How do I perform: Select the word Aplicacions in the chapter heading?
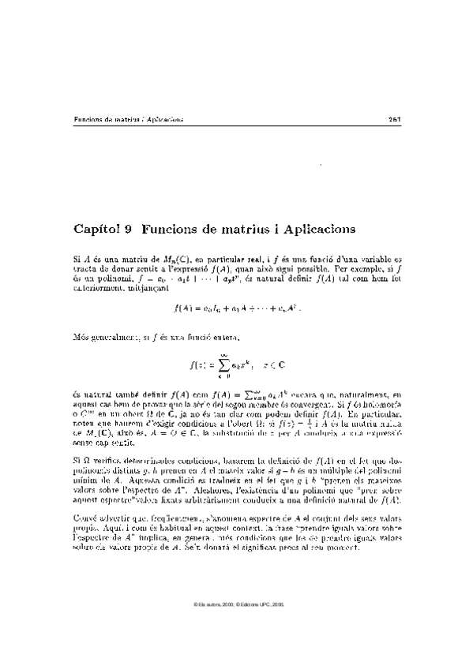[x=310, y=230]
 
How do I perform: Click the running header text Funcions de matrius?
[x=100, y=120]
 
